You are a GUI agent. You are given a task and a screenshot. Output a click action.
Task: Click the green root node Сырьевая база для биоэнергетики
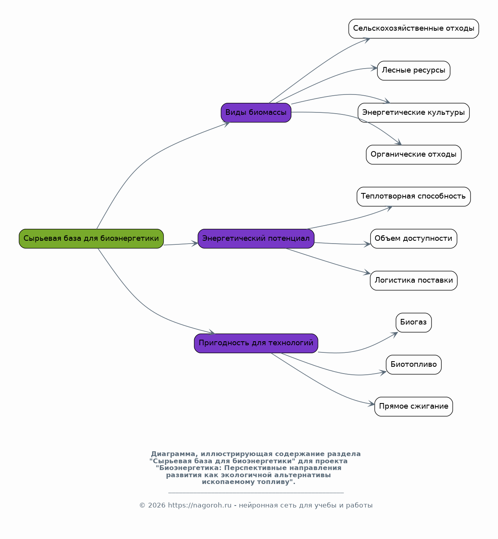[91, 238]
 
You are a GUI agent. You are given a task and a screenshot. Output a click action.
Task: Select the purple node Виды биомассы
[256, 113]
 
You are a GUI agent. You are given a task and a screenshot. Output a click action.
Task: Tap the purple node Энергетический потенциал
[256, 238]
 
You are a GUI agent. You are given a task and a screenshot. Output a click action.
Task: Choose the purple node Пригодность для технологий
[256, 343]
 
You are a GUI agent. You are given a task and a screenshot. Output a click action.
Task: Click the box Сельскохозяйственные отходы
[414, 28]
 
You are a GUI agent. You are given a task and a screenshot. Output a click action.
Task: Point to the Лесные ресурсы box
[414, 71]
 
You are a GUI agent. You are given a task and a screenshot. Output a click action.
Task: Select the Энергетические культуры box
[414, 113]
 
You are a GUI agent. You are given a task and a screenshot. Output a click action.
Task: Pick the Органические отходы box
[414, 154]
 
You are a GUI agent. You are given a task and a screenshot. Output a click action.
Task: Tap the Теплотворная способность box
[414, 197]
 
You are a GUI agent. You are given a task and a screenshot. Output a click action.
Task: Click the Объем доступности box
[414, 238]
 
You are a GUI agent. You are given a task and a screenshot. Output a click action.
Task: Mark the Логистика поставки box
[414, 281]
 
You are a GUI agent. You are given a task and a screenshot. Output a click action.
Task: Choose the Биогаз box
[414, 323]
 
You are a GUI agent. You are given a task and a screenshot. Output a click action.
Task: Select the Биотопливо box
[414, 364]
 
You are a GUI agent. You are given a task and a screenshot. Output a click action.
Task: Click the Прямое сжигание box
[414, 407]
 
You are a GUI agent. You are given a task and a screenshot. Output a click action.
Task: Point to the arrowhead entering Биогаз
[394, 334]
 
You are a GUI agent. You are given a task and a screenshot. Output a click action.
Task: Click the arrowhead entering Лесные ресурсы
[374, 68]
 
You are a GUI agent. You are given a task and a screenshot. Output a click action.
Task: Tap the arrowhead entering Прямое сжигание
[371, 404]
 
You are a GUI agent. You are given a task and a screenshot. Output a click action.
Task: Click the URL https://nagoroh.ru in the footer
[200, 506]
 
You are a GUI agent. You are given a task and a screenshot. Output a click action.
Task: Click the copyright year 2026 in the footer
[157, 506]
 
